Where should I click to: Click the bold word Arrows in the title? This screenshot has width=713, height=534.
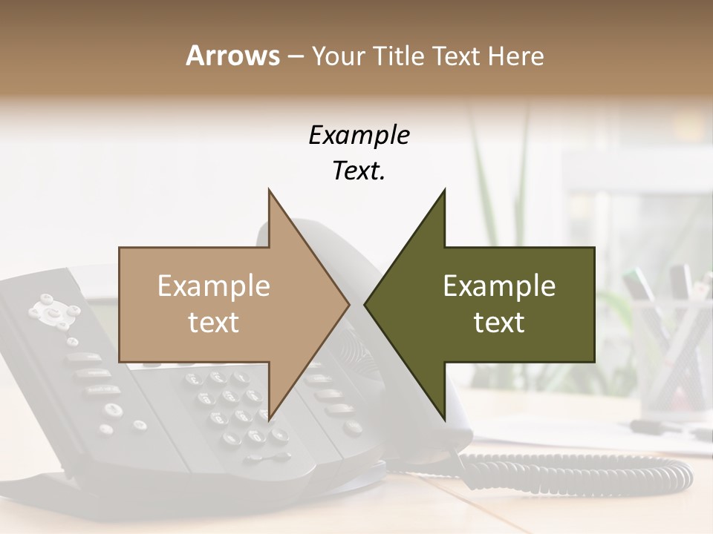232,56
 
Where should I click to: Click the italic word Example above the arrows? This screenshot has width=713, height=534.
359,136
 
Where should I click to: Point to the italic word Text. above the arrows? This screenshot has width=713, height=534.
359,171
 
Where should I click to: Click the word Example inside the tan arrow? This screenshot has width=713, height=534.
213,286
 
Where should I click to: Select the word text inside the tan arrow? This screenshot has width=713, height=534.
213,323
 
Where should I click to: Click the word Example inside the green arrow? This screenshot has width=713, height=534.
499,286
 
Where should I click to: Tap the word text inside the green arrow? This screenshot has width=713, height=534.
499,323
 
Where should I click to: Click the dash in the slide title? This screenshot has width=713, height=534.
295,56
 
